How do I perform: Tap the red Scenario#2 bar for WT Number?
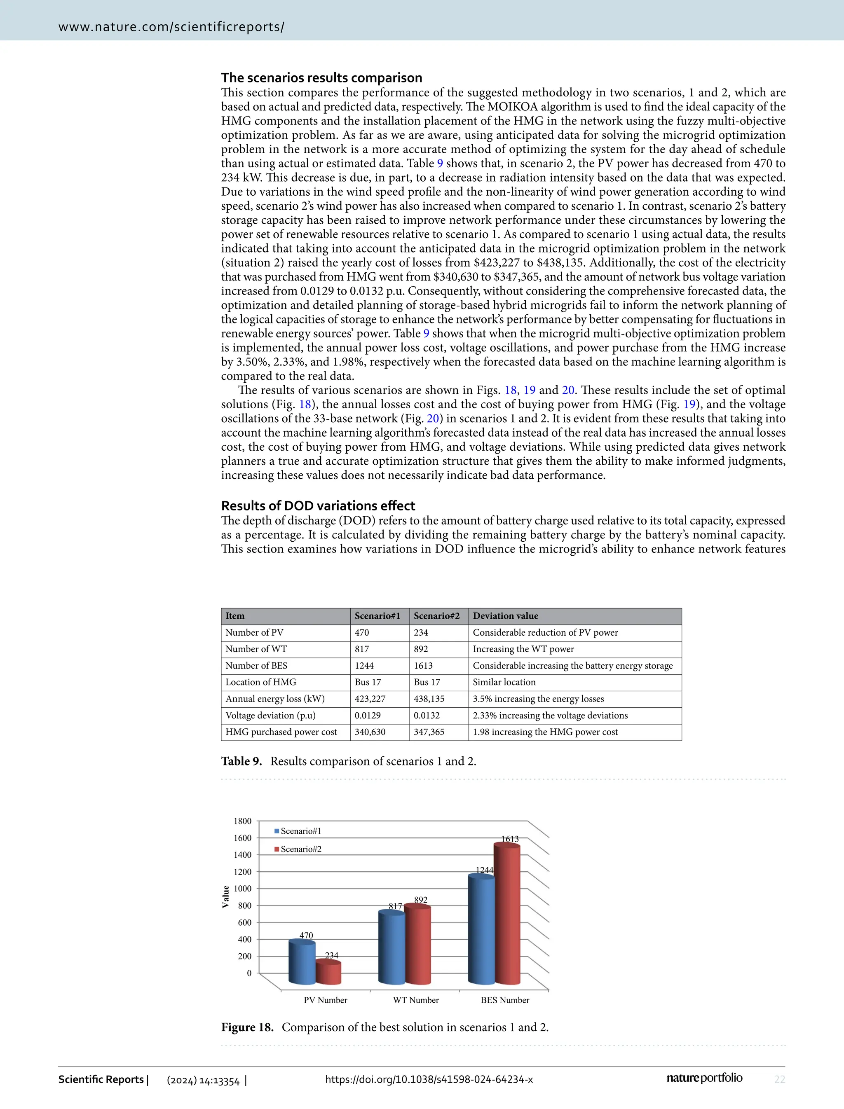[417, 945]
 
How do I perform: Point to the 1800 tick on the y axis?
[242, 821]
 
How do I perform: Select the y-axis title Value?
[225, 896]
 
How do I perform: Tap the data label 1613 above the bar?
[510, 839]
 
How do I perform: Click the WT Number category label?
[415, 1000]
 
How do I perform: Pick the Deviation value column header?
[505, 616]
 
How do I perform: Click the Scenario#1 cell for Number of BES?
[364, 665]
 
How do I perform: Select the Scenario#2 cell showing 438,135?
[429, 699]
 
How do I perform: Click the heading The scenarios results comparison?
[321, 78]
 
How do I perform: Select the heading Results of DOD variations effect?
[318, 506]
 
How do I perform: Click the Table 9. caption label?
[241, 761]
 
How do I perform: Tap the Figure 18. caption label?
[247, 1027]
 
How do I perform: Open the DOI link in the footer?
[429, 1079]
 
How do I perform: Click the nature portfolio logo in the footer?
[704, 1078]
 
